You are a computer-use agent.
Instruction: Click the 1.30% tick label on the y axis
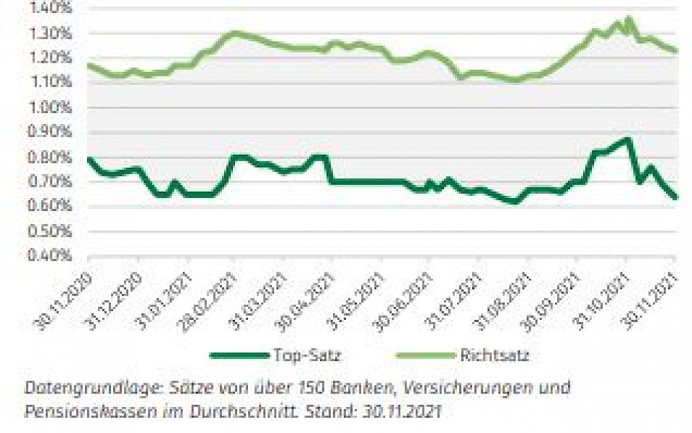[49, 33]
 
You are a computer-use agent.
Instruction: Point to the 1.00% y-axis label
[49, 107]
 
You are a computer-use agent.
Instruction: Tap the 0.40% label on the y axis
[49, 256]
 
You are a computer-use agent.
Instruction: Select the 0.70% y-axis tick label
[49, 182]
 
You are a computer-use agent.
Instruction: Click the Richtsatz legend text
[494, 355]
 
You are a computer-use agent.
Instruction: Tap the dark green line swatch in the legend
[239, 355]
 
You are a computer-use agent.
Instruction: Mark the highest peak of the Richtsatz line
[629, 19]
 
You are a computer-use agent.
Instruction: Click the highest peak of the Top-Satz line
[628, 139]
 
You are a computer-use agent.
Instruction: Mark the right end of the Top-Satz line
[675, 197]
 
